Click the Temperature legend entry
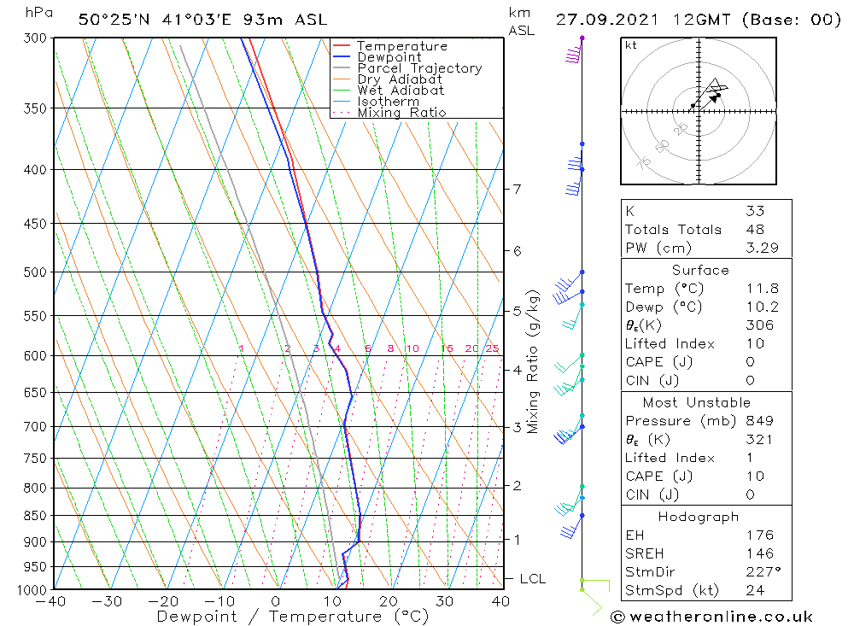(401, 46)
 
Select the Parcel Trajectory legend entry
(419, 68)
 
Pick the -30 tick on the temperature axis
(108, 601)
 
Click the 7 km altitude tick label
(517, 189)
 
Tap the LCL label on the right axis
(531, 579)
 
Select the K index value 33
(754, 211)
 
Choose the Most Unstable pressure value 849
(758, 421)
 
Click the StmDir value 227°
(762, 571)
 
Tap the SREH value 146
(758, 553)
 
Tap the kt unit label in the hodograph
(630, 45)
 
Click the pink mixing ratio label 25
(492, 348)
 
